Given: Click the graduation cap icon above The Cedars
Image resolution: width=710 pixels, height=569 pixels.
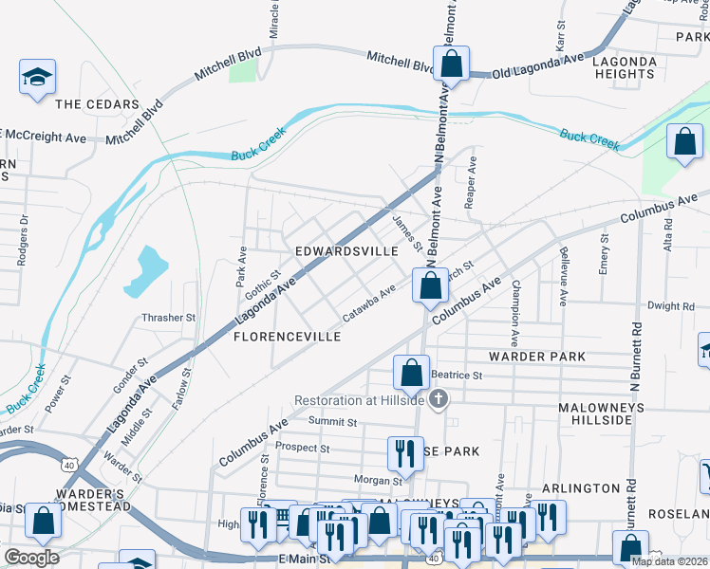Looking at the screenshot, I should click(38, 78).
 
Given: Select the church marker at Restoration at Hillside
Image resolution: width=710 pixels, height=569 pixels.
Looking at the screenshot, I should click(438, 400).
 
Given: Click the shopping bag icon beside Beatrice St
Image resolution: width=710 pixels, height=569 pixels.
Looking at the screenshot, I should click(411, 373).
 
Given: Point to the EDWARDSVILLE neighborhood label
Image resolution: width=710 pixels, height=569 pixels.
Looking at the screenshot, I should click(346, 251).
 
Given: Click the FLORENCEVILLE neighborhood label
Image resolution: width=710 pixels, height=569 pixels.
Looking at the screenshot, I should click(287, 337).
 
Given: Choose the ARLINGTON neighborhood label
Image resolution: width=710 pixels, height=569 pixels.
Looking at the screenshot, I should click(580, 487).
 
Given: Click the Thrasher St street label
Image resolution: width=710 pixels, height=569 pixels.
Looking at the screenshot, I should click(168, 318).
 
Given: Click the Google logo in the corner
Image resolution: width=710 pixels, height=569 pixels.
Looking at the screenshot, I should click(31, 558).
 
